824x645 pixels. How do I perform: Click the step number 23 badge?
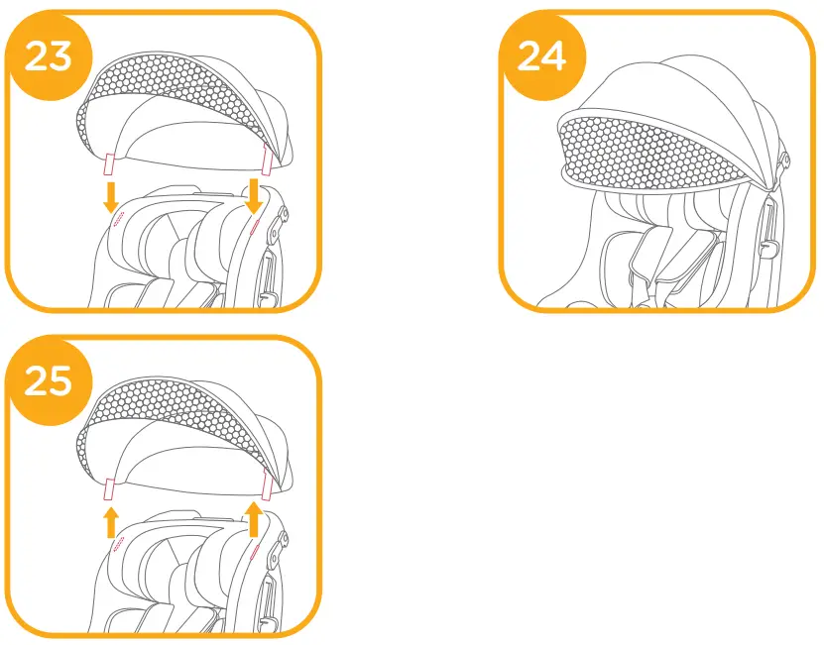pyautogui.click(x=48, y=56)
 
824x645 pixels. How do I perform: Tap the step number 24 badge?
pyautogui.click(x=541, y=56)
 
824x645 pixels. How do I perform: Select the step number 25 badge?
pyautogui.click(x=48, y=381)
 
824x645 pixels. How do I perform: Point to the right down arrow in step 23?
pyautogui.click(x=254, y=196)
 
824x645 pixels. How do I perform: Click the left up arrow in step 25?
pyautogui.click(x=111, y=521)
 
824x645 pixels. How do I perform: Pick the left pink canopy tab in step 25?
pyautogui.click(x=111, y=486)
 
